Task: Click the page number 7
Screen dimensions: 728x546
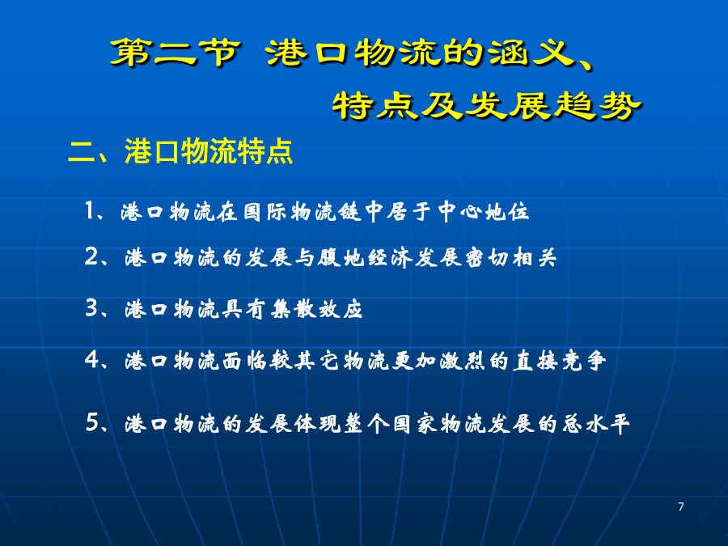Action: click(x=680, y=506)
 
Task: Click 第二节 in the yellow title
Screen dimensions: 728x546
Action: click(x=176, y=52)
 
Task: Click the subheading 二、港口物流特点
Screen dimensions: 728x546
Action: click(x=180, y=151)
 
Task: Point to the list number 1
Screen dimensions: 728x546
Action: click(x=90, y=211)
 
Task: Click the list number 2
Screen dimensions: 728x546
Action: click(x=91, y=256)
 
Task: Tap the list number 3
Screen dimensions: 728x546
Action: click(x=91, y=308)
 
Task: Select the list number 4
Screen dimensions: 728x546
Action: click(x=91, y=360)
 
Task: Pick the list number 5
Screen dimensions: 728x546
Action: click(x=92, y=422)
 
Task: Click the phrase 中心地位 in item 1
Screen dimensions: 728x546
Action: click(x=483, y=212)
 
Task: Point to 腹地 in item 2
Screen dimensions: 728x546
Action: click(x=341, y=257)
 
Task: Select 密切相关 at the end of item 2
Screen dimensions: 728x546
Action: click(x=510, y=257)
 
